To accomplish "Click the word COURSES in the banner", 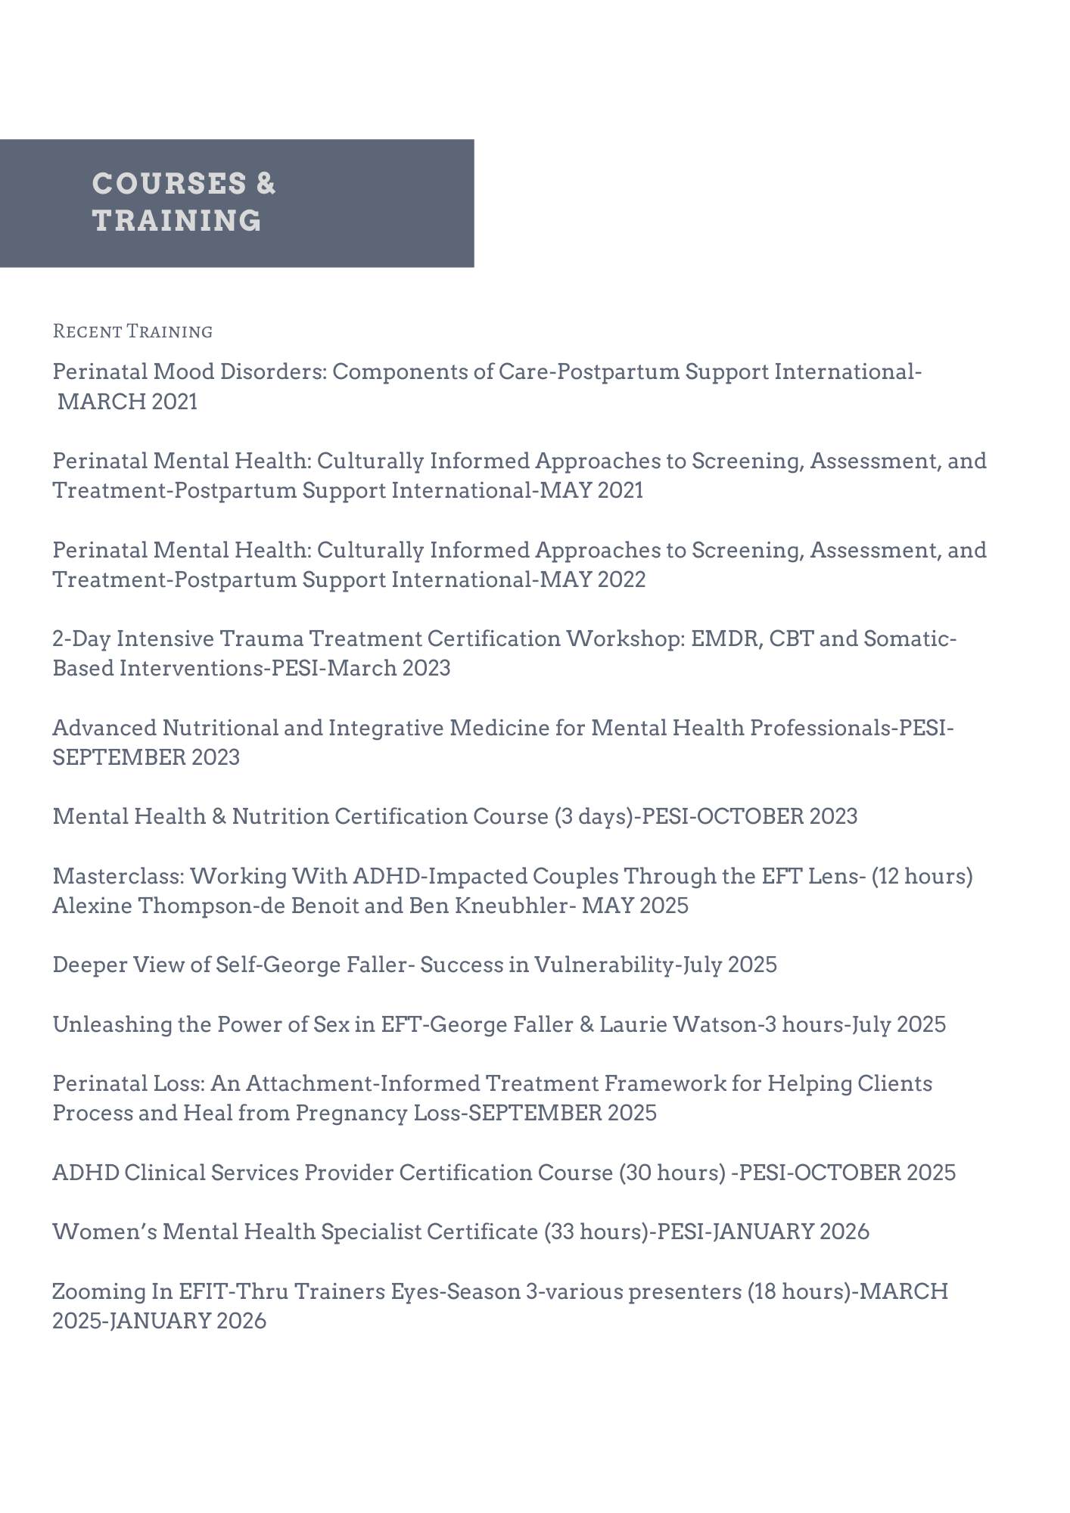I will pyautogui.click(x=158, y=184).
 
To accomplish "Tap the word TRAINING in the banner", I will pyautogui.click(x=177, y=221).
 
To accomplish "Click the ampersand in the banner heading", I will pyautogui.click(x=266, y=184).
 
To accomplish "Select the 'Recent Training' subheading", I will pyautogui.click(x=132, y=331).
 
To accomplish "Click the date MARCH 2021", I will pyautogui.click(x=127, y=402).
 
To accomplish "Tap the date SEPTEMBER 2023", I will pyautogui.click(x=146, y=757).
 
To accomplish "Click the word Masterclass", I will pyautogui.click(x=118, y=876).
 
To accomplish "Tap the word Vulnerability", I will pyautogui.click(x=604, y=965).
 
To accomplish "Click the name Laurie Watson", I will pyautogui.click(x=678, y=1024).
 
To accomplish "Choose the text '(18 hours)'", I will pyautogui.click(x=800, y=1291).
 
